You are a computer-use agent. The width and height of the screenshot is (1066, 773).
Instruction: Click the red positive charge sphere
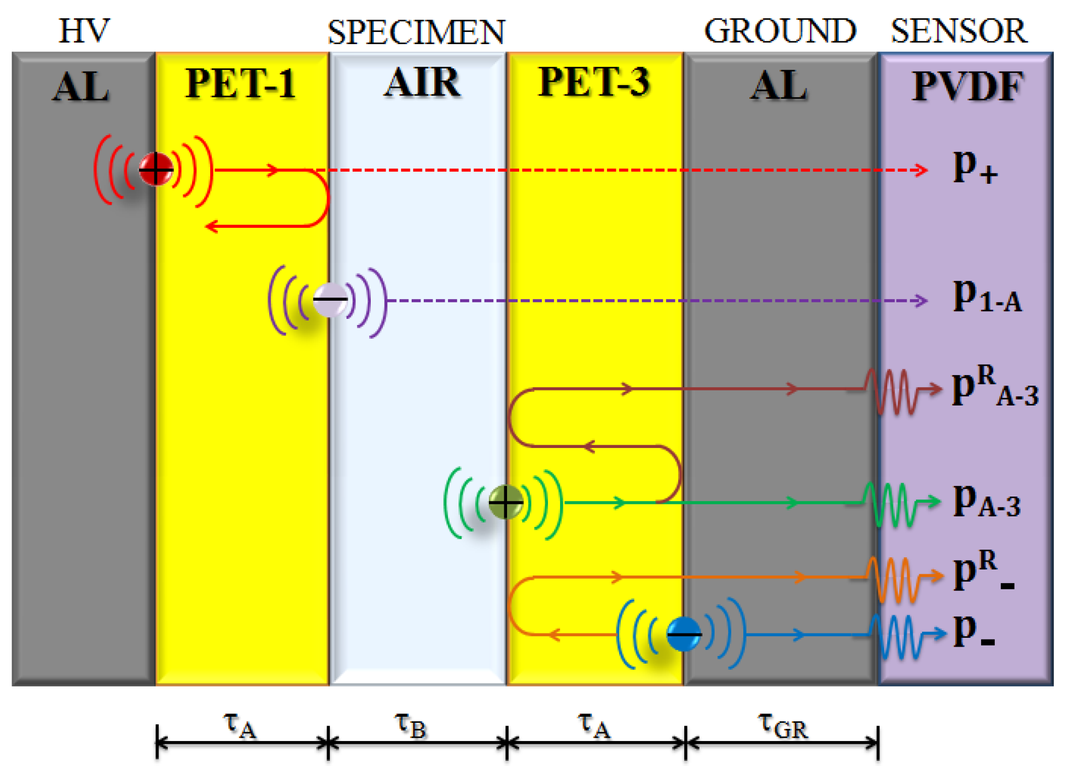click(x=156, y=169)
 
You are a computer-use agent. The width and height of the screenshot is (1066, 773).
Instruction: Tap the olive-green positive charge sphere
click(x=505, y=502)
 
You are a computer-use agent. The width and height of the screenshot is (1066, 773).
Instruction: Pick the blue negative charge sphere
click(x=684, y=634)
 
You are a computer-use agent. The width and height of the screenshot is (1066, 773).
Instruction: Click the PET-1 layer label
click(x=240, y=84)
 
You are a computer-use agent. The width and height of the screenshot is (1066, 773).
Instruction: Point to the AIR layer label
click(x=422, y=83)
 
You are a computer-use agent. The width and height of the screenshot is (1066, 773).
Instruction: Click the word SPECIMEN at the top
click(x=416, y=32)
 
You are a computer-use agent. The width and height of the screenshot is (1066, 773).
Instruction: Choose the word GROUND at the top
click(x=780, y=31)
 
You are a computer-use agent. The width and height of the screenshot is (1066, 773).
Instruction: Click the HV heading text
click(x=84, y=31)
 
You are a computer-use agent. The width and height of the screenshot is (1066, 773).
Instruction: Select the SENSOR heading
click(x=959, y=31)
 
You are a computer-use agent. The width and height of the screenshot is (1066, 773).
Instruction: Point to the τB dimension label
click(x=411, y=725)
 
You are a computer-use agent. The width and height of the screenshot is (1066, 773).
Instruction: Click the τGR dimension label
click(x=782, y=725)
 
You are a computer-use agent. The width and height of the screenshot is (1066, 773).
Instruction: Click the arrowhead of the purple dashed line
click(x=921, y=301)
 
